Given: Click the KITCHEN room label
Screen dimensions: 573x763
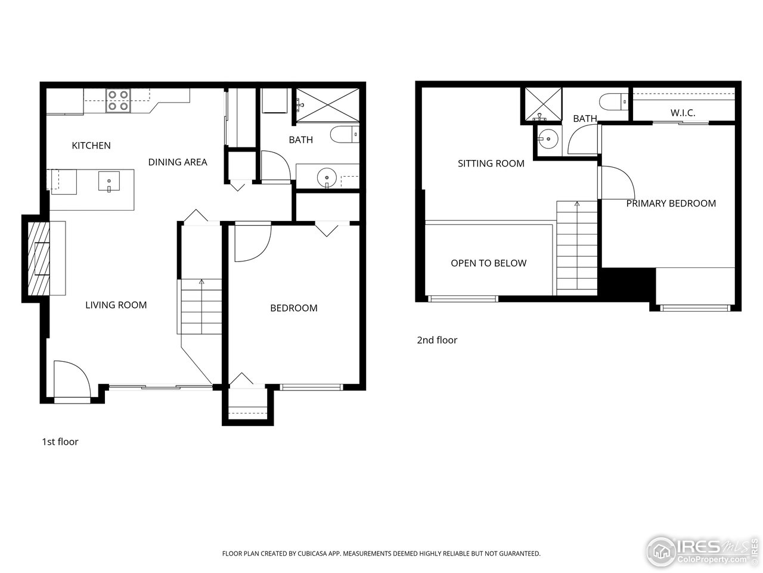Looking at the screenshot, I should (x=91, y=145).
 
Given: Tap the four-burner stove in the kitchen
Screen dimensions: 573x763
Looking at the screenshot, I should (x=118, y=100).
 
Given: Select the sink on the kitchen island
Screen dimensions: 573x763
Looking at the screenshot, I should (x=109, y=180).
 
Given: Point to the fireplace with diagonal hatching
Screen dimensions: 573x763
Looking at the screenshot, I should (x=39, y=258).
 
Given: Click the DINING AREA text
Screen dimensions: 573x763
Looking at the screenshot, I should (x=178, y=162).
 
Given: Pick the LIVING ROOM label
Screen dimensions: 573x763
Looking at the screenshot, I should (x=116, y=305).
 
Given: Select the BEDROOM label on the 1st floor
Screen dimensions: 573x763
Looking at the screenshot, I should (x=294, y=308).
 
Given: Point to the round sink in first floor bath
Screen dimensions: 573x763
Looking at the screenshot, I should (x=326, y=177).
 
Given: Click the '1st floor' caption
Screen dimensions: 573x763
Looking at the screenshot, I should (x=60, y=442).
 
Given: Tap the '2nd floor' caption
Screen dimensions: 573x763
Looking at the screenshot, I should (x=437, y=340).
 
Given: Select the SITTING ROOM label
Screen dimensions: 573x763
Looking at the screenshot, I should (x=491, y=163).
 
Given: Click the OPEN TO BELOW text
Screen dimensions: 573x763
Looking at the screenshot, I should (x=488, y=263).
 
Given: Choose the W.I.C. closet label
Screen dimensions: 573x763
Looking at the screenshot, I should (x=683, y=112).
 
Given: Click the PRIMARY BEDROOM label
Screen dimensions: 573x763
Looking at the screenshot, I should (x=671, y=203).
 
